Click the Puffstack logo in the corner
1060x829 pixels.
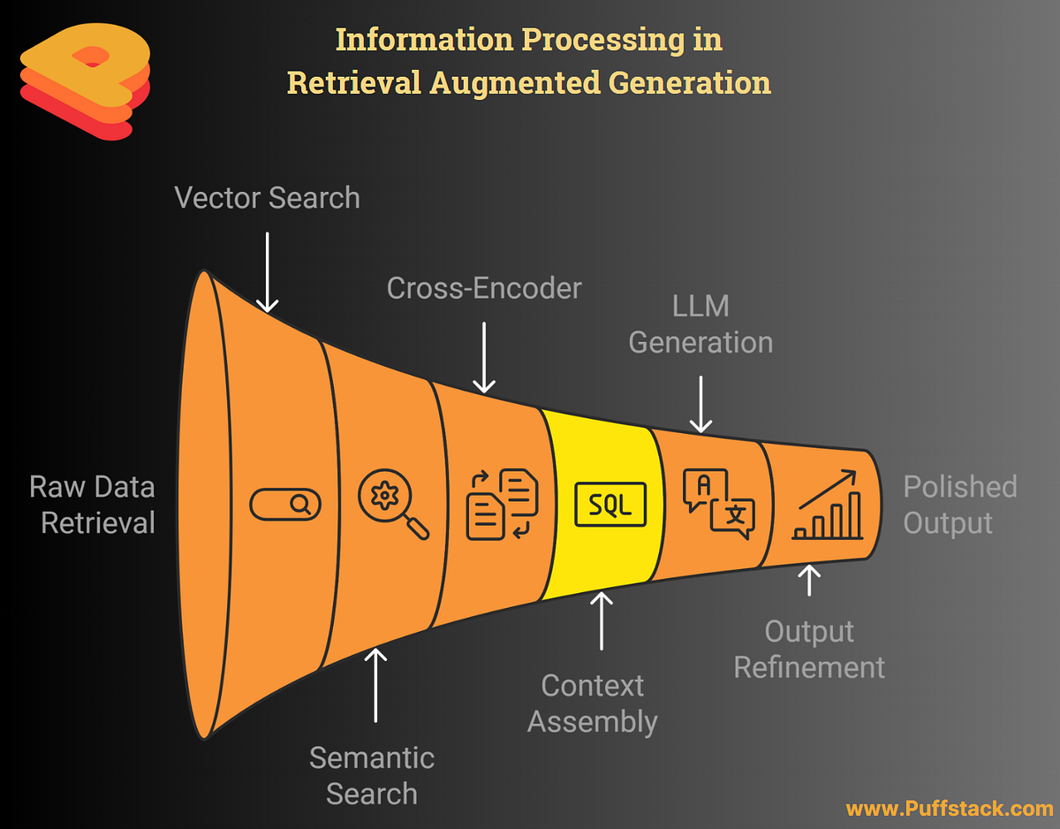85,82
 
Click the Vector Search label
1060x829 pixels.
267,197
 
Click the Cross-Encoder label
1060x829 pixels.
484,287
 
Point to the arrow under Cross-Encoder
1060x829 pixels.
484,356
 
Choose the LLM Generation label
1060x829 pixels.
700,324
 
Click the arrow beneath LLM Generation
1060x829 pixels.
700,404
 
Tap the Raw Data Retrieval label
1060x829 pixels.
92,505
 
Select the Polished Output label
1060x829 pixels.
959,505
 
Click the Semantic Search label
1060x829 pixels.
372,775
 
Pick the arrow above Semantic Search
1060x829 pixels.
376,684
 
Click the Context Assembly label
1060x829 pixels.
593,704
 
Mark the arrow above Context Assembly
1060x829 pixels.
602,620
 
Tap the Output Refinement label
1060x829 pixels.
809,649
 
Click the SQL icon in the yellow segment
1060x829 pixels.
609,505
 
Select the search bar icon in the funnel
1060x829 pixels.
285,505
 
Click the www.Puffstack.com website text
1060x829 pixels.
949,808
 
